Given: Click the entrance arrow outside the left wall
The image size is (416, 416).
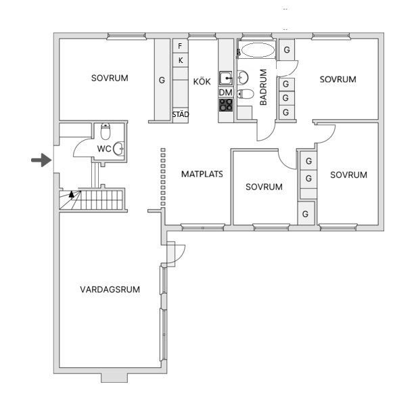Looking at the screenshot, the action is coord(41,160).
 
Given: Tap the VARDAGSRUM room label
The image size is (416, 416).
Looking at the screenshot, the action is coord(110,290).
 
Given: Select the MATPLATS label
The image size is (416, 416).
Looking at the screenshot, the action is coord(202,174).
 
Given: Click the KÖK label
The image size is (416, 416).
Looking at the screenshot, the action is coord(202,81).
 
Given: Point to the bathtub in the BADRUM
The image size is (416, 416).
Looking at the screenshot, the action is coord(258,50).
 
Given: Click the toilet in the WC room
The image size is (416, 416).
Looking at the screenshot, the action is coord(106,131).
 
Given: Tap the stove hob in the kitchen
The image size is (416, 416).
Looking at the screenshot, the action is coord(226,105).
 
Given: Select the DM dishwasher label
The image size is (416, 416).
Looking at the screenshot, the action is coord(225,93).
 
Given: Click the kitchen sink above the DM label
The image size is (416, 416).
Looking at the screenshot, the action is coord(226,78).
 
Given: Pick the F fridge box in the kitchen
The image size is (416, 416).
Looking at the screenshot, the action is coord(181,46).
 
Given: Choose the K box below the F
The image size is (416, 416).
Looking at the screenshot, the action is coord(181,60).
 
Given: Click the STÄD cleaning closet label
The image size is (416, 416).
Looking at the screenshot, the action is coord(181,114).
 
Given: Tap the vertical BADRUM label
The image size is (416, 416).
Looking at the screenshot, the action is coord(263,87).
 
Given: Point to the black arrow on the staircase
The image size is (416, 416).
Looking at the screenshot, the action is coord(72,194).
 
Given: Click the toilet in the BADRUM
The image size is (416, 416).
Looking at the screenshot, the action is coord(246,94).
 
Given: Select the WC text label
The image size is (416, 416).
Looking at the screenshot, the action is coord(104,149).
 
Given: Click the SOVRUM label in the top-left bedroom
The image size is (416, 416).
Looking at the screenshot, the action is coord(110,78).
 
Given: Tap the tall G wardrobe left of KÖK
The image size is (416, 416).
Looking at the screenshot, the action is coord(162,80).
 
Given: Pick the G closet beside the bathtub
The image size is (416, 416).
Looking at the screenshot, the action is coord(287,49).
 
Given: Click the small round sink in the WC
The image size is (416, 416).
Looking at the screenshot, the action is coord(118,149).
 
